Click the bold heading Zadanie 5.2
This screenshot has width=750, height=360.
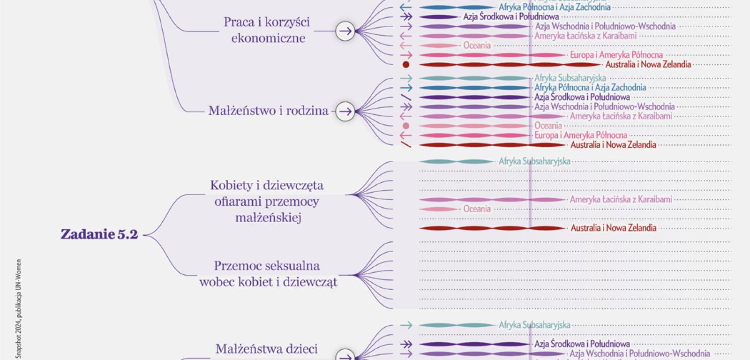point(99,234)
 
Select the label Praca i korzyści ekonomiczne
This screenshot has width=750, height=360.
point(267,30)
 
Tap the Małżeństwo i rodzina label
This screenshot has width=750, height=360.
point(268,111)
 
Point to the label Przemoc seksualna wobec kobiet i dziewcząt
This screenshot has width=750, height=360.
point(268,274)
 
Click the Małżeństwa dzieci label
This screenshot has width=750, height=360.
point(266,349)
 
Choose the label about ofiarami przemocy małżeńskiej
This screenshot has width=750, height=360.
point(267,201)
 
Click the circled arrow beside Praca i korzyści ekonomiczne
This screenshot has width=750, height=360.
point(345,31)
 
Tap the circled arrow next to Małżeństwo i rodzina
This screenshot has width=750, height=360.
point(345,112)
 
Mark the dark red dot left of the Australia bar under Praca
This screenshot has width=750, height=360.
point(406,65)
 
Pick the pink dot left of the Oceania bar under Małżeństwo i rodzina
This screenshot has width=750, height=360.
point(406,126)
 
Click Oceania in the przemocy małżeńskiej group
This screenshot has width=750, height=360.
point(477,209)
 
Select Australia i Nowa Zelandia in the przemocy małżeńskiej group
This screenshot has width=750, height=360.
point(613,228)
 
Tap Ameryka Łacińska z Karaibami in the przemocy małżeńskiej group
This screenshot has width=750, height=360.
point(621,199)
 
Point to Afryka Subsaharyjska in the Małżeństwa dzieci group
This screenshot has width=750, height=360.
point(534,325)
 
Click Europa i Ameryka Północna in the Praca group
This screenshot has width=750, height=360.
point(616,55)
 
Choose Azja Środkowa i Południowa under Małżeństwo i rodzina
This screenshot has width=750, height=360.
point(582,97)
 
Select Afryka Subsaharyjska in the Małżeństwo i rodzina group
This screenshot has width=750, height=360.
point(570,78)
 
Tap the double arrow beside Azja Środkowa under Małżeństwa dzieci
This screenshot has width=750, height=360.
point(406,345)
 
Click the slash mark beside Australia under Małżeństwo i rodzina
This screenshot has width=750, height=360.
point(406,145)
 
